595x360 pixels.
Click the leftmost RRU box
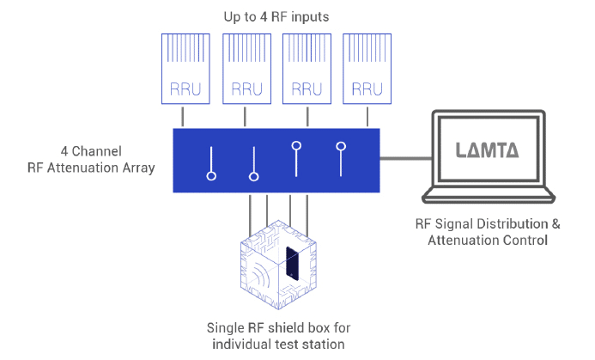pyautogui.click(x=185, y=69)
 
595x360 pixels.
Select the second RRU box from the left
pyautogui.click(x=246, y=69)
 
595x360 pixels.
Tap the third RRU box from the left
pyautogui.click(x=307, y=69)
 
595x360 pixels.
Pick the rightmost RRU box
pyautogui.click(x=367, y=69)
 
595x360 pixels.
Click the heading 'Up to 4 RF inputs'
pyautogui.click(x=276, y=17)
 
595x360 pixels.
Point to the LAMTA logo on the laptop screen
pyautogui.click(x=487, y=150)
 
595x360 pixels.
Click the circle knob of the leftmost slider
pyautogui.click(x=211, y=176)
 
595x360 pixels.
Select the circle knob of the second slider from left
pyautogui.click(x=254, y=177)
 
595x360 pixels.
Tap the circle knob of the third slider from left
pyautogui.click(x=296, y=145)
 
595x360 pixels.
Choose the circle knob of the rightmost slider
pyautogui.click(x=341, y=146)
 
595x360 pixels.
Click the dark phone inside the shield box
pyautogui.click(x=292, y=264)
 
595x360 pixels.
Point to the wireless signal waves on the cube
pyautogui.click(x=261, y=273)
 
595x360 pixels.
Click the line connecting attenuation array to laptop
pyautogui.click(x=405, y=158)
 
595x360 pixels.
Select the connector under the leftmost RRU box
pyautogui.click(x=183, y=117)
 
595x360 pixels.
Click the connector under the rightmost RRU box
pyautogui.click(x=367, y=117)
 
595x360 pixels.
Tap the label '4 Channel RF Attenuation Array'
pyautogui.click(x=91, y=160)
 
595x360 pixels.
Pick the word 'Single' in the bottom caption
pyautogui.click(x=226, y=327)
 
